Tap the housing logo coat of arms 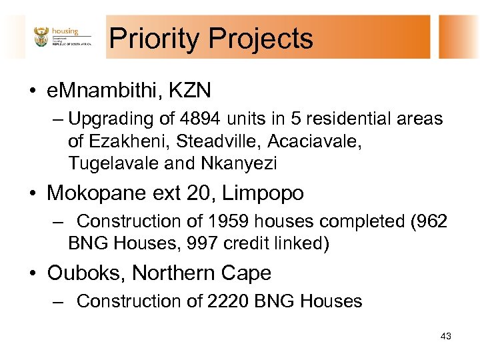[x=41, y=37]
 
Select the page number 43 [x=445, y=336]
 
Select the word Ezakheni [x=123, y=141]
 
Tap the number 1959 [x=228, y=221]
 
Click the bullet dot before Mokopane [x=33, y=194]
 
